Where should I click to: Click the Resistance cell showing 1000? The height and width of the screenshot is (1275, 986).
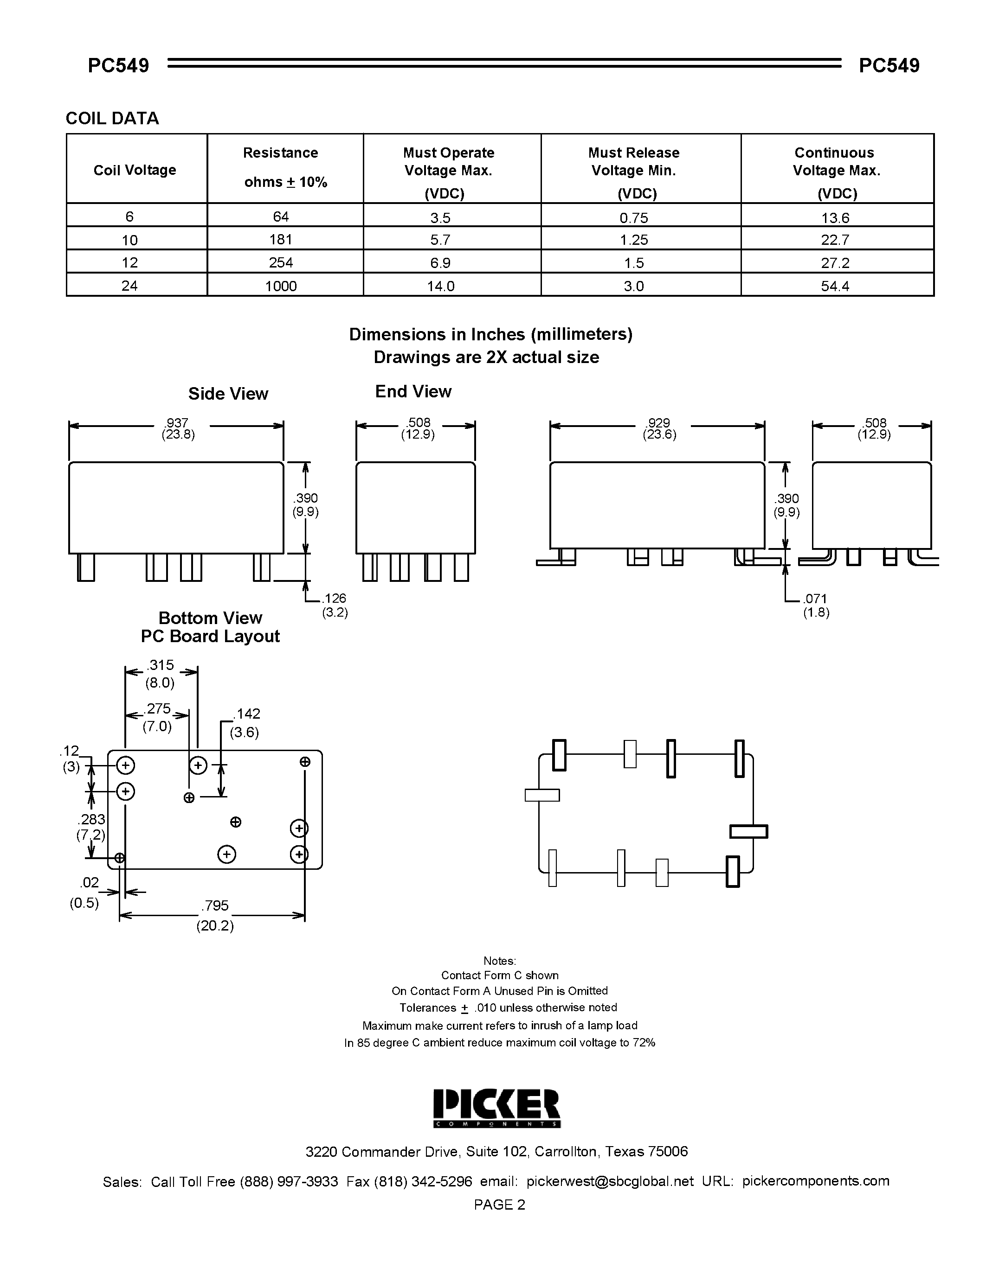tap(281, 286)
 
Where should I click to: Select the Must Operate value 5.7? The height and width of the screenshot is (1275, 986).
tap(440, 240)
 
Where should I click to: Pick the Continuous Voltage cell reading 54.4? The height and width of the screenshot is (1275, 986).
tap(835, 286)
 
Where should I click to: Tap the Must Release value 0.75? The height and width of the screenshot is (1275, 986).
tap(634, 218)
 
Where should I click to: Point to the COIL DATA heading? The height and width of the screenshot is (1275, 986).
tap(112, 119)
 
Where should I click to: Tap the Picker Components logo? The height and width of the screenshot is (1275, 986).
tap(496, 1108)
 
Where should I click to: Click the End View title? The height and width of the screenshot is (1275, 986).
tap(413, 392)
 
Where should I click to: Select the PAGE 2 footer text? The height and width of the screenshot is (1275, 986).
tap(499, 1205)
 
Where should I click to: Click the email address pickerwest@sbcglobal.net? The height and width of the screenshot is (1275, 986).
tap(610, 1182)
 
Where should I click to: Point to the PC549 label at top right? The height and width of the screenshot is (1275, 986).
tap(889, 65)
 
